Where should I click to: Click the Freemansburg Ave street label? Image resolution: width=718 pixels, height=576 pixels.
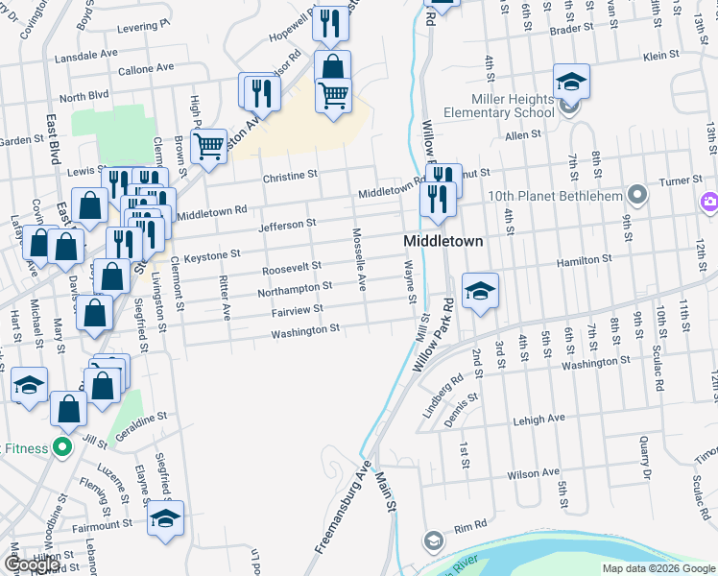point(342,512)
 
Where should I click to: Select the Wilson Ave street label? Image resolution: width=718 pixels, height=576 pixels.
point(533,473)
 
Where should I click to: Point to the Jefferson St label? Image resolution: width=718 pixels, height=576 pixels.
point(287,224)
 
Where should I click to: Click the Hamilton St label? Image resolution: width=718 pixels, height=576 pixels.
point(586,260)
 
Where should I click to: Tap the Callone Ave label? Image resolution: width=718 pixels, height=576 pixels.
point(145,69)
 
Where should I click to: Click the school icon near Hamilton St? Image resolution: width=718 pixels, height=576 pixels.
point(480,292)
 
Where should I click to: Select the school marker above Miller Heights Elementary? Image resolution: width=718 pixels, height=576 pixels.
point(570,83)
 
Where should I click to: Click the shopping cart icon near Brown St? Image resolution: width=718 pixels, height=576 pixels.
point(208,146)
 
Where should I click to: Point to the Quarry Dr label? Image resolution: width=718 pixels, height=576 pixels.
point(646,459)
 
